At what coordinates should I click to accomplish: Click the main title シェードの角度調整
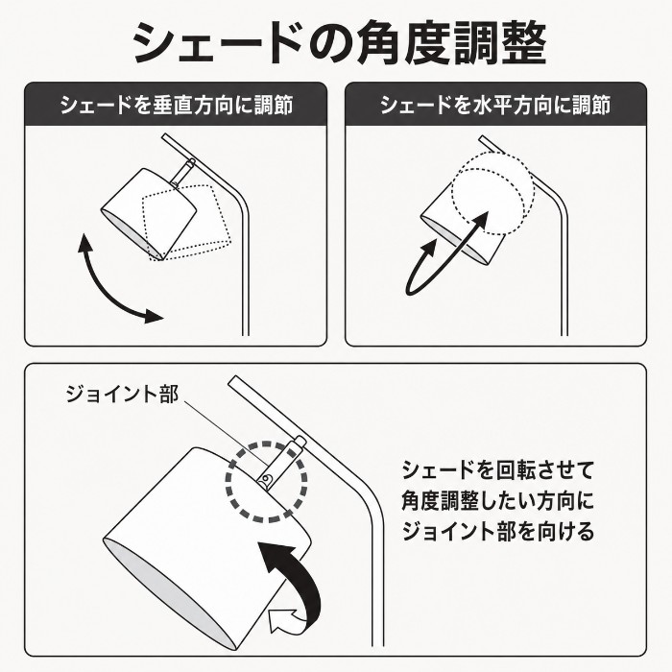339,44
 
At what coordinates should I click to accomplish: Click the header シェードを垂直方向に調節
176,106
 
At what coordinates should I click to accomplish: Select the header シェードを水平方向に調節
496,106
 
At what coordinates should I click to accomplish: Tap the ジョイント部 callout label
122,394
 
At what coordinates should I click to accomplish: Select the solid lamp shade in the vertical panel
149,213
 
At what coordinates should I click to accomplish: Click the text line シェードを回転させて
497,470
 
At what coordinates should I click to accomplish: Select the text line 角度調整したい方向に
497,500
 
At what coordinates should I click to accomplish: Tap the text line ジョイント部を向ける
497,531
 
